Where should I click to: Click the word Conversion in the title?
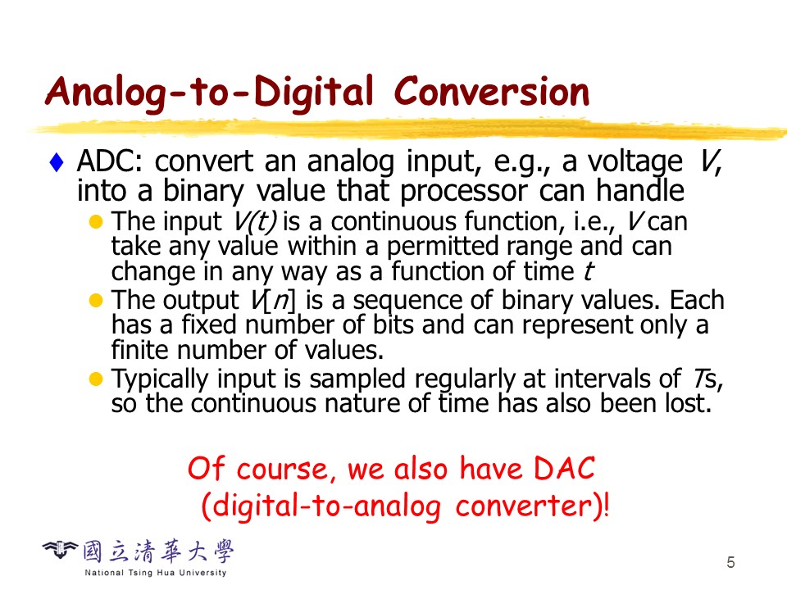point(491,92)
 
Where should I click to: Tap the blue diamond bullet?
point(57,162)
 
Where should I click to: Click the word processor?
point(463,191)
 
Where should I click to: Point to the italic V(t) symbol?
point(255,221)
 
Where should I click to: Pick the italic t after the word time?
point(589,271)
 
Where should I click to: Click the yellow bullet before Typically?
point(95,379)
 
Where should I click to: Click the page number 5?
point(730,562)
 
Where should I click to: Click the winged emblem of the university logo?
point(60,549)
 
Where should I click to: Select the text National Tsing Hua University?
point(156,573)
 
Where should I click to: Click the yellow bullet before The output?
point(95,300)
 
